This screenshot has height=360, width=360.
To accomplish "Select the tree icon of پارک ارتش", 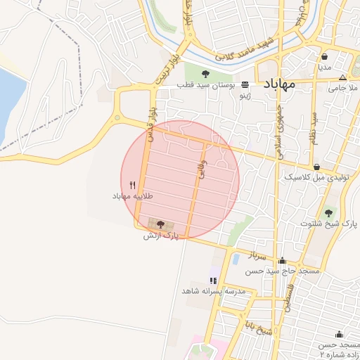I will point(161,224).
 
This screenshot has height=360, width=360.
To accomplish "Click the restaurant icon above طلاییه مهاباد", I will point(132,184).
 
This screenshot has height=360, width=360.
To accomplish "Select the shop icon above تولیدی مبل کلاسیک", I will point(317,167).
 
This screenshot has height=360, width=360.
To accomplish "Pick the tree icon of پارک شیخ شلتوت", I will point(328,213).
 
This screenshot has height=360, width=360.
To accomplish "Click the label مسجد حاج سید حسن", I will point(282,271).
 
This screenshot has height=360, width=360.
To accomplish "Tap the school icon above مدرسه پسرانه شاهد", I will point(213,281).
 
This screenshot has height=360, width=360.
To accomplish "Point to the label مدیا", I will point(324,67).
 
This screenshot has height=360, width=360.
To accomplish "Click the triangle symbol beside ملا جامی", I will point(342,77).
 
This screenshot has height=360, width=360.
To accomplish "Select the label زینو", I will point(245,94).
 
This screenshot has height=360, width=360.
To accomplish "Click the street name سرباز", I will point(251,257).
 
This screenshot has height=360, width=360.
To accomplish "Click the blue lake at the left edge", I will point(8,105).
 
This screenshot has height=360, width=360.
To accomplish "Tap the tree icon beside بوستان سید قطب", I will point(205,74).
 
